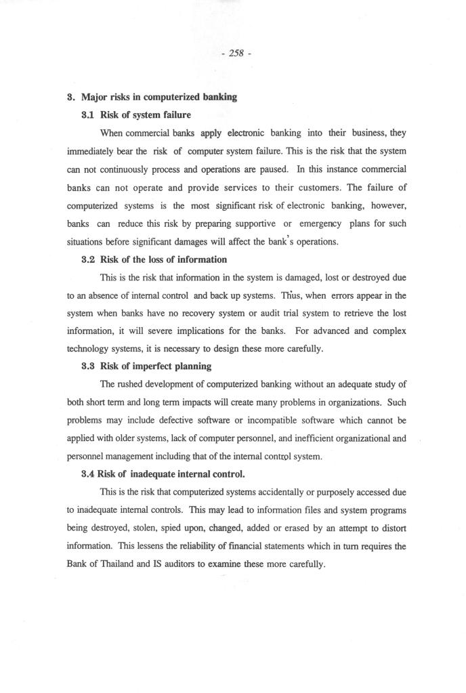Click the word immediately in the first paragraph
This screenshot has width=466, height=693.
pos(95,150)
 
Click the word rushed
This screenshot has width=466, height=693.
pos(129,384)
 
